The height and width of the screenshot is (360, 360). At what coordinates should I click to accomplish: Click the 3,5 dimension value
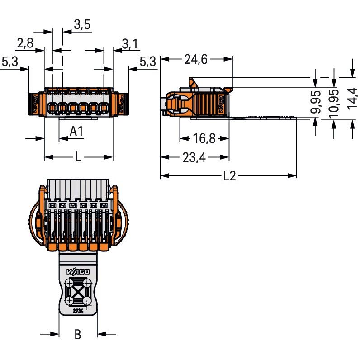point(82,24)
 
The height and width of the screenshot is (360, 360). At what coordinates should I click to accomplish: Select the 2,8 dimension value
point(25,43)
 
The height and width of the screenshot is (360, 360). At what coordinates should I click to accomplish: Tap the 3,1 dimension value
point(130,44)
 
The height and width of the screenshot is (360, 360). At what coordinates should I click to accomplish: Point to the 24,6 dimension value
point(196,59)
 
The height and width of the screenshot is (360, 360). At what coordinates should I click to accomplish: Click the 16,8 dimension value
point(204,138)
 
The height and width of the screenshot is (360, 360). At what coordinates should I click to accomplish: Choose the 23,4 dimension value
point(194,157)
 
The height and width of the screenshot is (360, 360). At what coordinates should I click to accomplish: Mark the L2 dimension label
point(230,176)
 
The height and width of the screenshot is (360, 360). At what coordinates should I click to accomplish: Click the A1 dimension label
point(76,131)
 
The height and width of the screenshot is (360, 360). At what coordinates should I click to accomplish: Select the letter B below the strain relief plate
point(78,334)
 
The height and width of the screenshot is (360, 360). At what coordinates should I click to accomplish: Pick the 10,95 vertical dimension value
point(334,104)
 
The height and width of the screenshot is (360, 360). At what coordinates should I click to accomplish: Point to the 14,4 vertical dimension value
point(352,99)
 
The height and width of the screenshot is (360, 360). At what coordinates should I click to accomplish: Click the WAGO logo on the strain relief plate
point(78,272)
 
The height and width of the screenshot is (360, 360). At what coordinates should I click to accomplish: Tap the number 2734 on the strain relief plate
point(78,311)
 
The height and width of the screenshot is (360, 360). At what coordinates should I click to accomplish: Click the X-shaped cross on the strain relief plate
point(78,292)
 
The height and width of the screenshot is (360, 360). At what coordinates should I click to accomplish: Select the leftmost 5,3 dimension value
point(9,62)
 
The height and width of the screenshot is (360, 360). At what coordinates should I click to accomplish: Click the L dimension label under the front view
point(78,157)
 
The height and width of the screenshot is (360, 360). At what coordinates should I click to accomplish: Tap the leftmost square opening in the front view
point(52,108)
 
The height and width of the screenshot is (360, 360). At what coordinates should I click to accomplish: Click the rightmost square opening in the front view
point(104,108)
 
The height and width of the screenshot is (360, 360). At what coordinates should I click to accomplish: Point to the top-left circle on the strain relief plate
point(69,283)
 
